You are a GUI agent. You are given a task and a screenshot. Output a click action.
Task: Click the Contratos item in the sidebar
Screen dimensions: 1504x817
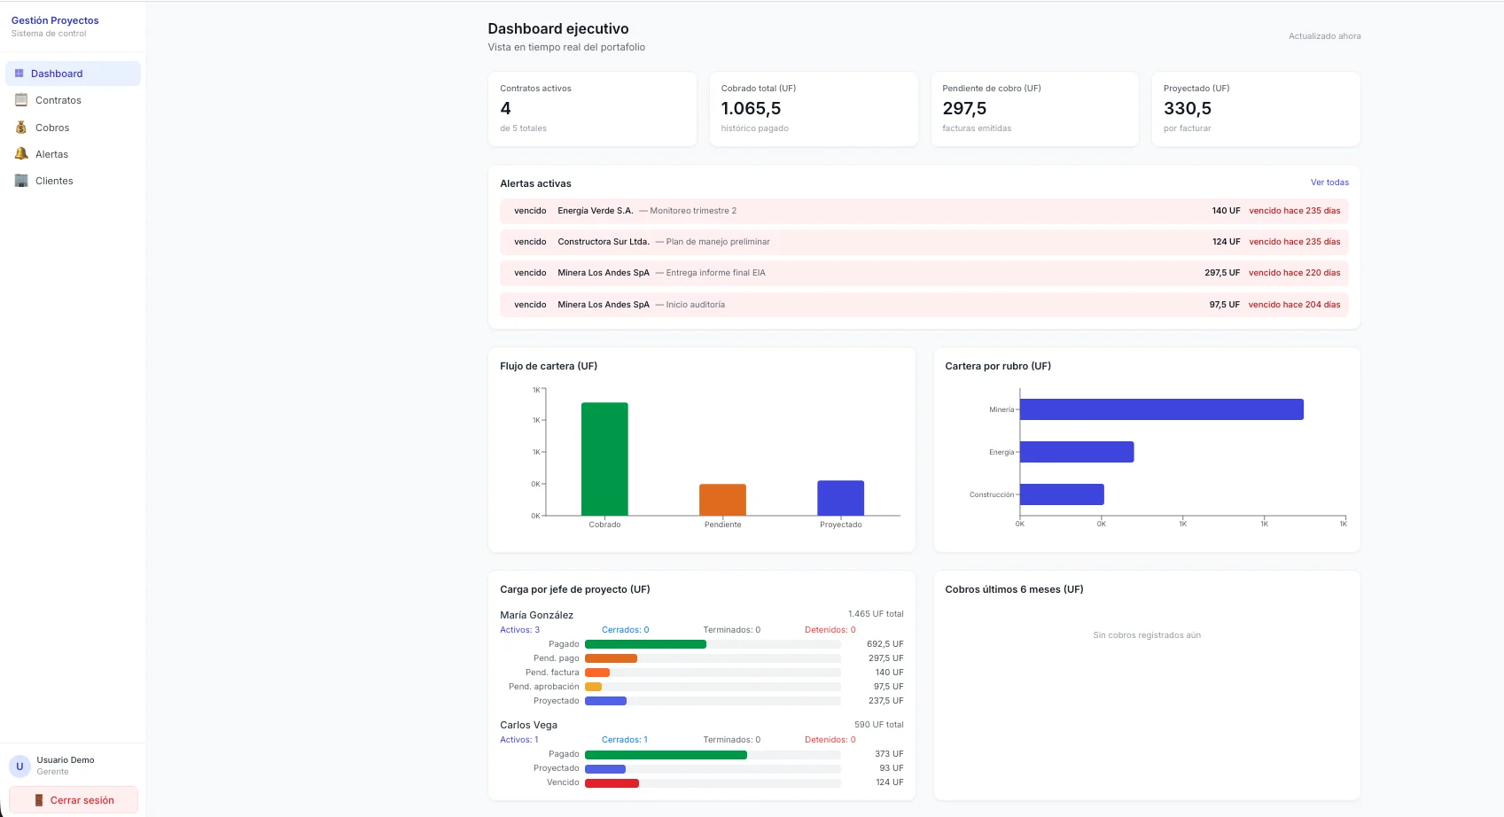(58, 100)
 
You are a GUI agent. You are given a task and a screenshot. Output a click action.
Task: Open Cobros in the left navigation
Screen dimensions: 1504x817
(52, 128)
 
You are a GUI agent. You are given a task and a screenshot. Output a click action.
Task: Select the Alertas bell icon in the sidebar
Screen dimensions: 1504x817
(21, 153)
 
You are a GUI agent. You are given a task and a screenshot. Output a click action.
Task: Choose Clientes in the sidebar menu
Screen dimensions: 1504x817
(54, 181)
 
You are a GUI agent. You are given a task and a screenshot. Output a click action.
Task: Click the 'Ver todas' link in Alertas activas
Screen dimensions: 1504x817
(1329, 183)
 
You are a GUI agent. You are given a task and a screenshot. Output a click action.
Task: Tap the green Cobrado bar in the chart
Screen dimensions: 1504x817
(604, 459)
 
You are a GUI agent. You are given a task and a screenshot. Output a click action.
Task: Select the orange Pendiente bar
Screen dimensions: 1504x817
(722, 500)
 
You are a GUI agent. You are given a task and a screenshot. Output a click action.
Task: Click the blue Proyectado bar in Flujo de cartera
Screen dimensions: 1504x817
(841, 498)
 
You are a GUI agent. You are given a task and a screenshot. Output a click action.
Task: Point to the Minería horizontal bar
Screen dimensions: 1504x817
(1162, 409)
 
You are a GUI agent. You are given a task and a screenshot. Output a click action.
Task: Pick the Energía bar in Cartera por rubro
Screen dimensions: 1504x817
(1077, 452)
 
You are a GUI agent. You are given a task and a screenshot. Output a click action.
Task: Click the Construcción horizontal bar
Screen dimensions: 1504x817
(1063, 494)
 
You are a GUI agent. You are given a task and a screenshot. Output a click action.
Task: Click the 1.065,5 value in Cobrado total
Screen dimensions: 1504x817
(751, 108)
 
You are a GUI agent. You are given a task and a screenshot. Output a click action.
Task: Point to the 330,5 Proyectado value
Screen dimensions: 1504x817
(1187, 108)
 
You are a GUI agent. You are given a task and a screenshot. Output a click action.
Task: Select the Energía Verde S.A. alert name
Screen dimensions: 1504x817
(595, 211)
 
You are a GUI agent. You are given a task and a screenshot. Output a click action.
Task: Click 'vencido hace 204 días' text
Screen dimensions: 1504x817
(1294, 305)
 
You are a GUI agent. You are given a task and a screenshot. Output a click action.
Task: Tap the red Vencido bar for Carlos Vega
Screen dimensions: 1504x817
(612, 782)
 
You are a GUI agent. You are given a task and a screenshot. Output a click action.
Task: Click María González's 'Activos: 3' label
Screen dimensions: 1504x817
(519, 630)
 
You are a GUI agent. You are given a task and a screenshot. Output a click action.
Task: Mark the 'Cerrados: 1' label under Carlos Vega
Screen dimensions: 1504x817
(625, 740)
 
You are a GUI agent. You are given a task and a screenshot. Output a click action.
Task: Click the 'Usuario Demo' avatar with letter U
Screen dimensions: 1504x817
(19, 766)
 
